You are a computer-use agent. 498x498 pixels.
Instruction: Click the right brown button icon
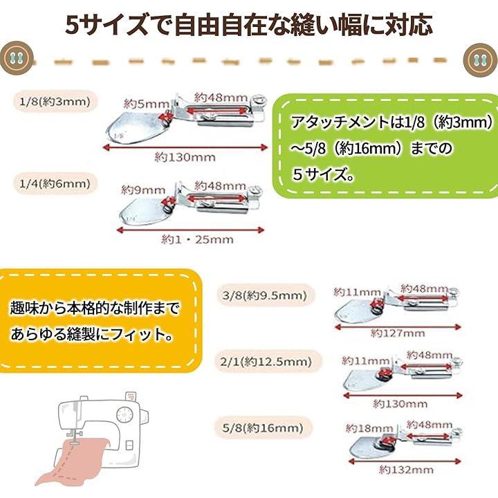coord(481,58)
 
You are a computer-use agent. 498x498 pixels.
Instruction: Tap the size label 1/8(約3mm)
coord(53,102)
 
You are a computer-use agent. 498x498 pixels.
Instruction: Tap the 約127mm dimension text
coord(397,333)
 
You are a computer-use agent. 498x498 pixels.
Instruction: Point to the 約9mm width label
coord(143,189)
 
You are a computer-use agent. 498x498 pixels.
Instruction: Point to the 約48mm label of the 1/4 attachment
coord(220,185)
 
